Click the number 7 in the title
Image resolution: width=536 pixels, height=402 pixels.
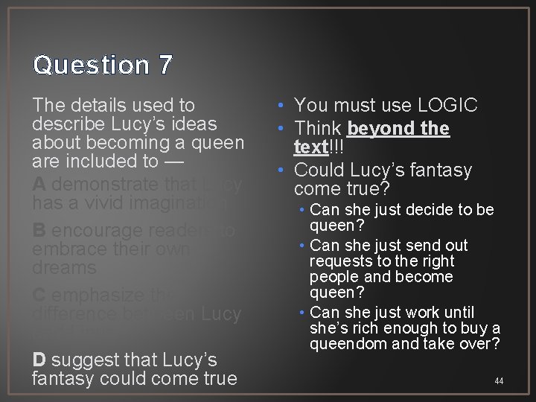(x=165, y=66)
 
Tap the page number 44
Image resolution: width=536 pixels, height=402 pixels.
(x=499, y=381)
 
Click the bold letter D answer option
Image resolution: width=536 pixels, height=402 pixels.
(x=40, y=360)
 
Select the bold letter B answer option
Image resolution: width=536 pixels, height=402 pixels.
(x=40, y=231)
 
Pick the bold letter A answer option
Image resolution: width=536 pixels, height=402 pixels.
(x=40, y=184)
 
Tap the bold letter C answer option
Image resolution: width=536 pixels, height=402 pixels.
(x=41, y=296)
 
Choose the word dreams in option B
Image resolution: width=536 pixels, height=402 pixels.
(x=65, y=267)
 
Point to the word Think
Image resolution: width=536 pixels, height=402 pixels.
(x=318, y=128)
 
